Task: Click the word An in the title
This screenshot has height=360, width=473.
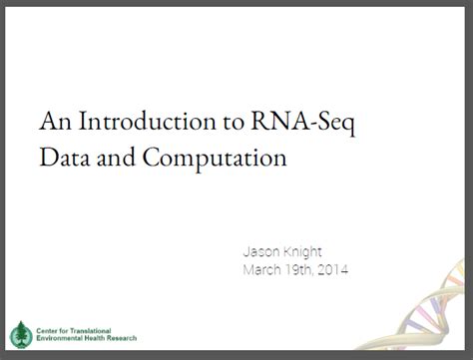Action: coord(53,124)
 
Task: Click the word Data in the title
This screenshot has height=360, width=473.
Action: coord(64,157)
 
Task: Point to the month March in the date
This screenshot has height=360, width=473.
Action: coord(265,269)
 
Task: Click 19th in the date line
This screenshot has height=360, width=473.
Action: coord(307,269)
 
